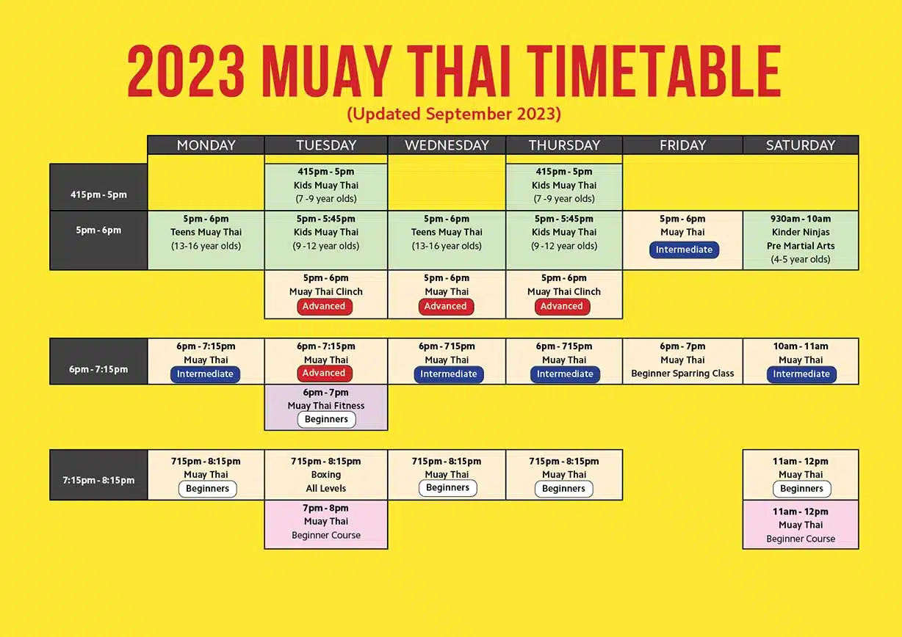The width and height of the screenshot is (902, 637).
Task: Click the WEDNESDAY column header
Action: pos(447,145)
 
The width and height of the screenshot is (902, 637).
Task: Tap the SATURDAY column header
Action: pos(801,145)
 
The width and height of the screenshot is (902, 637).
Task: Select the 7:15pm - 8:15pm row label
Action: pos(98,480)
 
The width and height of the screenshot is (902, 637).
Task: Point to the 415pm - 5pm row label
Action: pos(98,194)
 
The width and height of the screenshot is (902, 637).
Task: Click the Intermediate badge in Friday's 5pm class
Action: pos(684,250)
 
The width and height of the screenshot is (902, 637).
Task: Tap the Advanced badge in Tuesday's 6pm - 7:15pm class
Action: pos(324,373)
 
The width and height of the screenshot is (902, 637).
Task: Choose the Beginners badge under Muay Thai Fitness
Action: pos(326,419)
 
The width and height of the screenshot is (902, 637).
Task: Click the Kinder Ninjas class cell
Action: pos(801,240)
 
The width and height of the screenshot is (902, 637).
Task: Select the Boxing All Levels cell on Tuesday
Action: pos(326,475)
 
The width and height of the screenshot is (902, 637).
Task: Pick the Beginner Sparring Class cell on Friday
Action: pos(682,361)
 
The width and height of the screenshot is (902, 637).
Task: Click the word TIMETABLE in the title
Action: pos(654,71)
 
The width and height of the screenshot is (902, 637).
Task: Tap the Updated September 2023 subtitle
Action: pos(454,114)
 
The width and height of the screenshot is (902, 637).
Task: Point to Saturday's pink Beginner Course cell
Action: pos(801,525)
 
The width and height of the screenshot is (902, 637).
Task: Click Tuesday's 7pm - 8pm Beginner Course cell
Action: pos(326,525)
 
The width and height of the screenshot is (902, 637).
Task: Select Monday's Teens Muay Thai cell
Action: pos(206,240)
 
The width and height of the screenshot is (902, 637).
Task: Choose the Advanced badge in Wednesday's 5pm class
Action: pos(446,307)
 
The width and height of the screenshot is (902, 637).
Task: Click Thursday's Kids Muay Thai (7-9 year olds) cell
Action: pos(564,186)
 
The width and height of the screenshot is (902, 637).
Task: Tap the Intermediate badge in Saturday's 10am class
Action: pos(801,374)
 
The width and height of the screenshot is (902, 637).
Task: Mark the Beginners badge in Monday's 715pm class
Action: pos(207,489)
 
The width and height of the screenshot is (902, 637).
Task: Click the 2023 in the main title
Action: pos(186,71)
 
